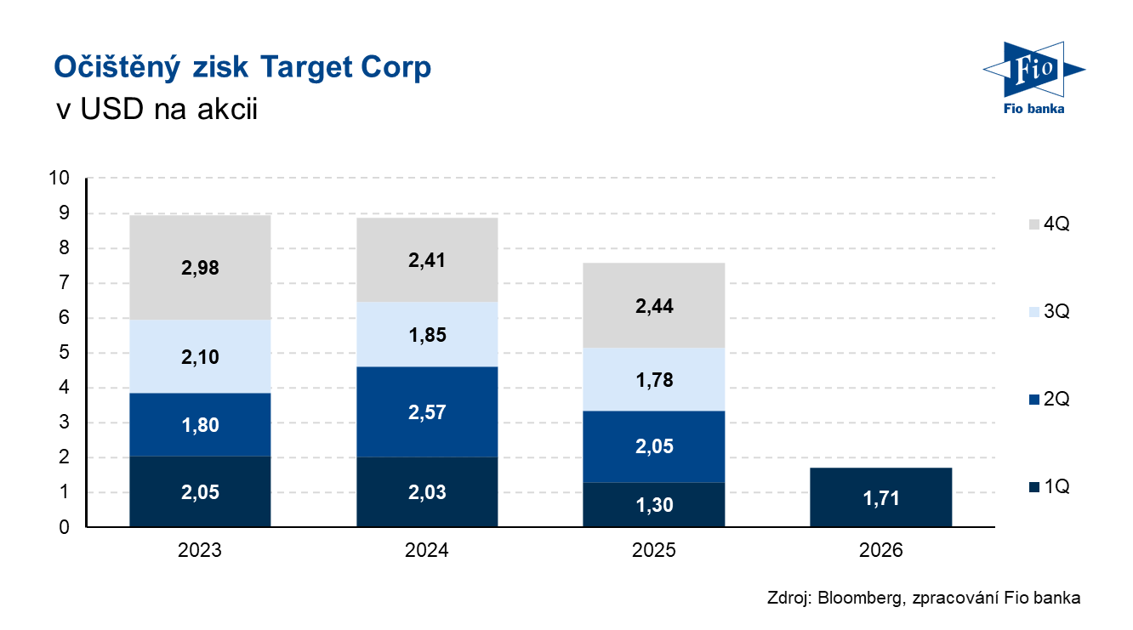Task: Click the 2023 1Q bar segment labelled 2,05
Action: click(200, 491)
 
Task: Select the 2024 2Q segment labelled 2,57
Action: click(427, 411)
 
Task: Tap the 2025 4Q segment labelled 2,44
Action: click(653, 305)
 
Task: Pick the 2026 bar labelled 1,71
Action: click(880, 497)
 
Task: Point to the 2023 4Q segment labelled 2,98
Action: click(200, 268)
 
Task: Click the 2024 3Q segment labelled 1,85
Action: click(427, 334)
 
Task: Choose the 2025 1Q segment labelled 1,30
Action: click(653, 505)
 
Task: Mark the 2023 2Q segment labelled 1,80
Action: click(200, 425)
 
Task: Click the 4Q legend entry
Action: click(1049, 224)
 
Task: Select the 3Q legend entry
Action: click(1049, 311)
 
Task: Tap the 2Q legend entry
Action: click(1049, 400)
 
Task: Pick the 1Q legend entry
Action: click(1049, 486)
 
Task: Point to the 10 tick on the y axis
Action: click(59, 178)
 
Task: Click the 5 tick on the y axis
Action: click(65, 352)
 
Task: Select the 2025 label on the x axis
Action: click(653, 550)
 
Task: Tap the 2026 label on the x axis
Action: click(880, 550)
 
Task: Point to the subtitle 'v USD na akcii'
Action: click(157, 109)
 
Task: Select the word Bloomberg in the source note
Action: click(860, 598)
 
